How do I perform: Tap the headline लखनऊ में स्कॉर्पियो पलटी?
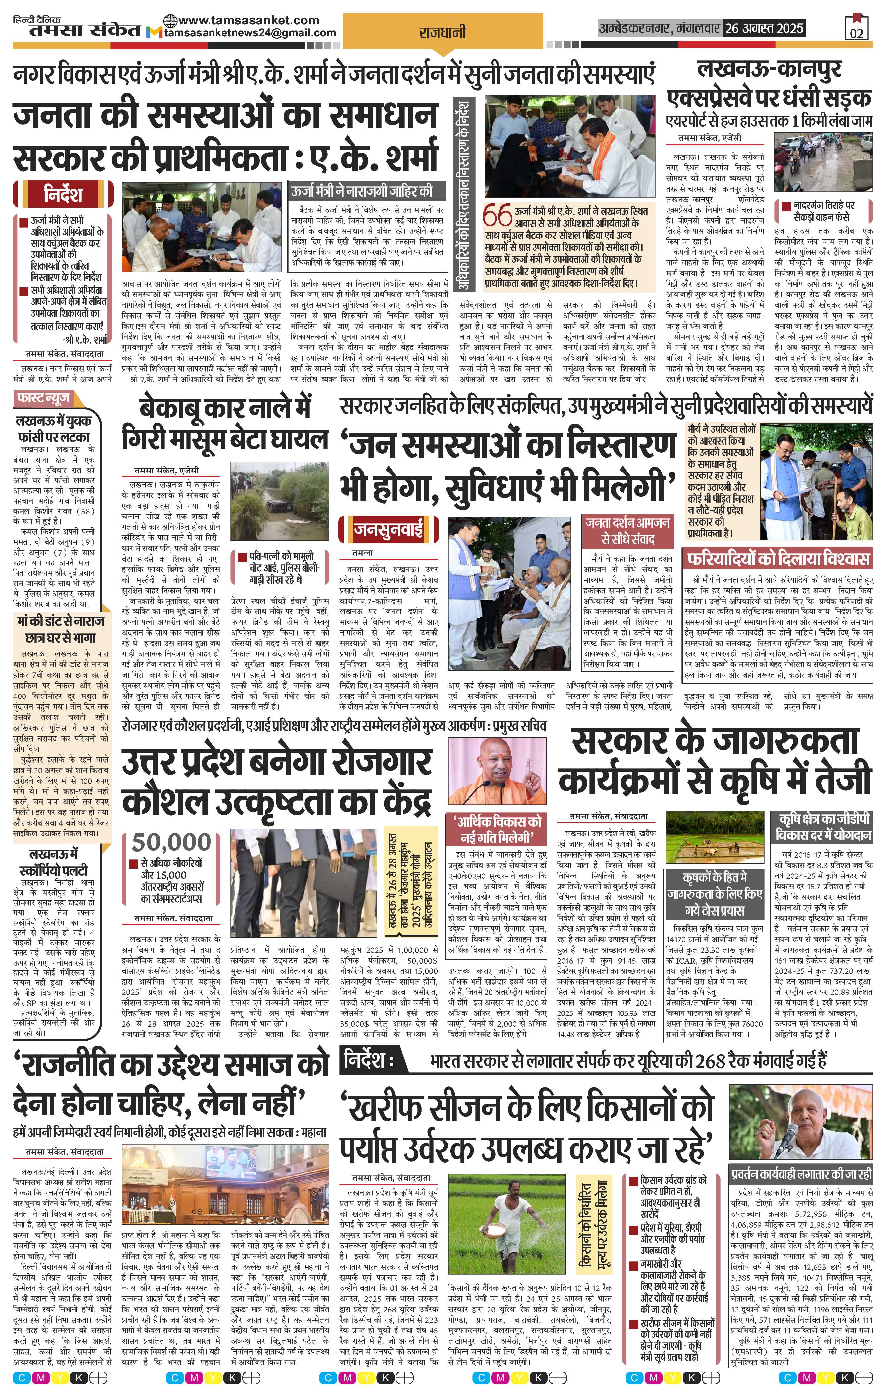click(59, 862)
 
